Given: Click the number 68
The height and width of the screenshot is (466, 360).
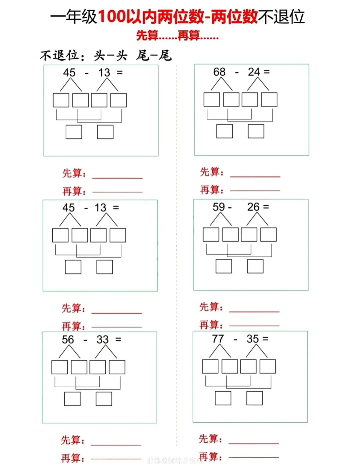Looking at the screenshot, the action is click(219, 72).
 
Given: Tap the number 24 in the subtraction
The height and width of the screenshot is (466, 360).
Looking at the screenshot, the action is click(254, 72).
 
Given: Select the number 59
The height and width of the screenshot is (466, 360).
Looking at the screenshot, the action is click(219, 207).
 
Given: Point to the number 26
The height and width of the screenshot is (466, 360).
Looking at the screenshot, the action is click(253, 207).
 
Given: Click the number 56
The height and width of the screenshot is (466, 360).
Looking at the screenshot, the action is click(68, 340).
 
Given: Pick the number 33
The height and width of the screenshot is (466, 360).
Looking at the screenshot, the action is click(102, 340).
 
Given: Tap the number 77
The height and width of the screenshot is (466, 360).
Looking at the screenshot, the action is click(218, 339).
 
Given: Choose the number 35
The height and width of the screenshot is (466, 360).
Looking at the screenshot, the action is click(253, 339).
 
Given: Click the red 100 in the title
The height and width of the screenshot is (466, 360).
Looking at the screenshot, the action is click(112, 16).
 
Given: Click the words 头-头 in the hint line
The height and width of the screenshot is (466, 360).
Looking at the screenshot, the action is click(110, 55).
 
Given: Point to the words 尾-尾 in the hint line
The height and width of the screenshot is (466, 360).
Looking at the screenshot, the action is click(154, 55).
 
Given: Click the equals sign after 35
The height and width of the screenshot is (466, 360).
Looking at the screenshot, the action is click(265, 339).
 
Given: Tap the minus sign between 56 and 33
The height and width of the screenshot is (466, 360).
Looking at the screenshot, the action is click(85, 340).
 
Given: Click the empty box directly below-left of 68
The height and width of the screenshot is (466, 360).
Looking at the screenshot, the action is click(212, 99).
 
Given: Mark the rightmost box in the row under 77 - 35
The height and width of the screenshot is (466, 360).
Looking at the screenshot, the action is click(268, 366).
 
